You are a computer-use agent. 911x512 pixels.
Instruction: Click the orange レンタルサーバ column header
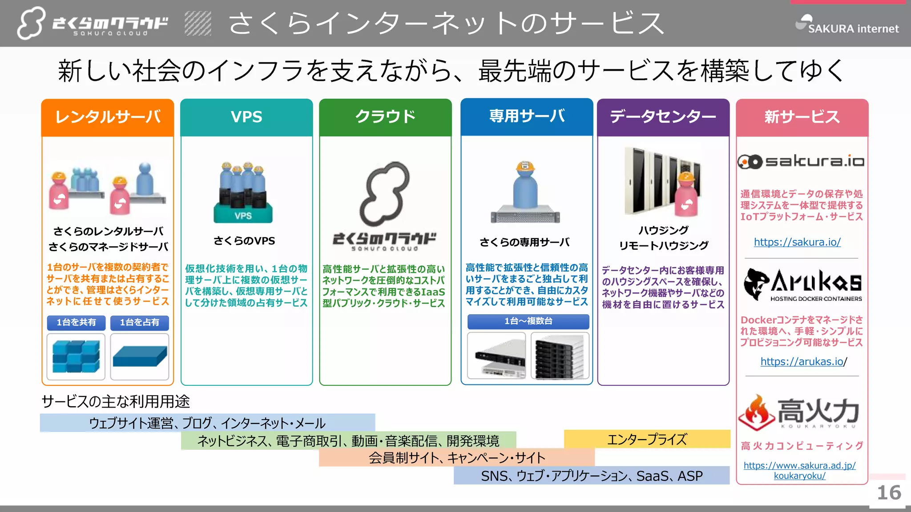click(108, 117)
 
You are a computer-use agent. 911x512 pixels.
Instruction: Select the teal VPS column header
click(246, 117)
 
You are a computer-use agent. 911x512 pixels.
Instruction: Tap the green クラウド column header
click(385, 117)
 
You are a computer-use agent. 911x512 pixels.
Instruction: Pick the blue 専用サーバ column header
click(527, 117)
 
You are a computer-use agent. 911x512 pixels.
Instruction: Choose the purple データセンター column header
click(663, 117)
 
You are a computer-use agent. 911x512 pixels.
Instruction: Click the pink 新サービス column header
click(802, 117)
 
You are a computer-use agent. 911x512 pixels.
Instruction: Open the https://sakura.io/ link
click(797, 242)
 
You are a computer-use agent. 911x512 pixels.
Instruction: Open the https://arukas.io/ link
click(802, 362)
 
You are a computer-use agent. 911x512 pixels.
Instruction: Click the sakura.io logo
click(801, 161)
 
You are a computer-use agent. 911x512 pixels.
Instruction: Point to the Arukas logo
click(802, 284)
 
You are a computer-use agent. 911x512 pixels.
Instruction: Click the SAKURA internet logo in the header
click(847, 25)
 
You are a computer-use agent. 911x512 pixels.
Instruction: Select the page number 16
click(889, 492)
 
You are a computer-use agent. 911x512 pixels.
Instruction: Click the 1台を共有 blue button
click(76, 322)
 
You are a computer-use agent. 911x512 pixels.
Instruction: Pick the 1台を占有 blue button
click(140, 322)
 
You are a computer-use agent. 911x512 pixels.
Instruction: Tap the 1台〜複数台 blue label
click(528, 321)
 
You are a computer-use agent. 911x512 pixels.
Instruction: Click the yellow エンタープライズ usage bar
click(647, 439)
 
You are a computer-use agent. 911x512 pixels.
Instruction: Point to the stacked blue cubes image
click(76, 356)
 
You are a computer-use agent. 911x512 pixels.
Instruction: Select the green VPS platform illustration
click(243, 213)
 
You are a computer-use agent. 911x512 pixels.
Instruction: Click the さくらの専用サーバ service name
click(524, 242)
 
